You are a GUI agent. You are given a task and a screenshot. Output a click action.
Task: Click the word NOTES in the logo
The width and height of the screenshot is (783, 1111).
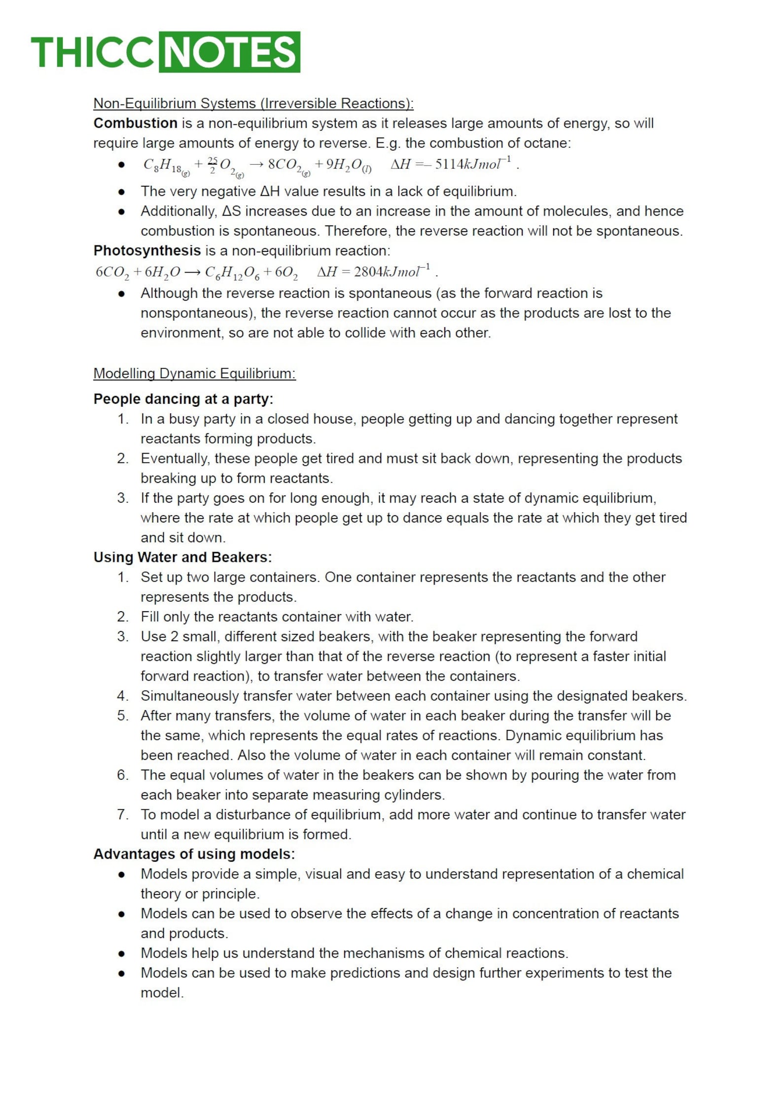tap(229, 52)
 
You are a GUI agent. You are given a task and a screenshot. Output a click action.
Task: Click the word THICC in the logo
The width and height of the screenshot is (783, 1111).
tap(93, 52)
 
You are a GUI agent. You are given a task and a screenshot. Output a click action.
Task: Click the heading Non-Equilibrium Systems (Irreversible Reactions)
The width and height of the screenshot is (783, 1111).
tap(253, 104)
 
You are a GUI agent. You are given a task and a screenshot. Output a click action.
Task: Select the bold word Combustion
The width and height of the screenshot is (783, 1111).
tap(136, 123)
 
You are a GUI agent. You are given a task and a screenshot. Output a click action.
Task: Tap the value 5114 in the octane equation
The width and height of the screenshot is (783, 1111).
tap(449, 164)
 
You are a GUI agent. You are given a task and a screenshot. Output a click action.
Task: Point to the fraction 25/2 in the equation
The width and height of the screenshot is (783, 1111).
tap(213, 165)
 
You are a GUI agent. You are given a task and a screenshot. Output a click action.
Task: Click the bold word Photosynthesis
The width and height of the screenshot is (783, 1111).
tap(147, 251)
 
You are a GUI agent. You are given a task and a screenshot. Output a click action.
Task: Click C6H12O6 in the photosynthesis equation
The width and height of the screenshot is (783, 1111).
tap(232, 272)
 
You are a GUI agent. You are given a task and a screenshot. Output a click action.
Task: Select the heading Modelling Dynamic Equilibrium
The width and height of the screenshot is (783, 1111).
tap(194, 374)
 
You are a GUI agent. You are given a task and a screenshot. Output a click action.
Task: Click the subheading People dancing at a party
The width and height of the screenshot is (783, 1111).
tap(183, 399)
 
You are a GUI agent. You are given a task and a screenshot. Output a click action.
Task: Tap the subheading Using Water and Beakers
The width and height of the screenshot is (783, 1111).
tap(182, 557)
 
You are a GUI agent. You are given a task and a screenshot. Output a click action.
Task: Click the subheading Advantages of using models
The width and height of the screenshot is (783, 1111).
tap(194, 854)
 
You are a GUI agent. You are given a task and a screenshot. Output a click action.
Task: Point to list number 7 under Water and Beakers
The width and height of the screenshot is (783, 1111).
tap(122, 815)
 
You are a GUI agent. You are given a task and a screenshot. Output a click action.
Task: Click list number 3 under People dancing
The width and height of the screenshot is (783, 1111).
tap(122, 498)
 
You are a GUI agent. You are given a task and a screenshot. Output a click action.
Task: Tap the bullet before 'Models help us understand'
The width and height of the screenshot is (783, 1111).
tap(121, 954)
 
